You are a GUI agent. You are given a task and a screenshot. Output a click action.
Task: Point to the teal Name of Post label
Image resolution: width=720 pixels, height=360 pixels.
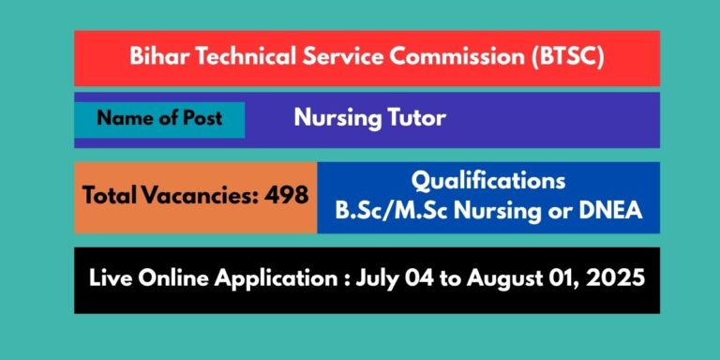[160, 119]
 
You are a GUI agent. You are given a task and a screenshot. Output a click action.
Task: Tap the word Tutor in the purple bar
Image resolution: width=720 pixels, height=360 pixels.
[416, 119]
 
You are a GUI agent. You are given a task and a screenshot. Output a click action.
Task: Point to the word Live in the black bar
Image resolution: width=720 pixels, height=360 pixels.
[111, 279]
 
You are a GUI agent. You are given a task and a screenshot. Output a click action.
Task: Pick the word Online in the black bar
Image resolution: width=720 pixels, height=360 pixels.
[175, 279]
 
